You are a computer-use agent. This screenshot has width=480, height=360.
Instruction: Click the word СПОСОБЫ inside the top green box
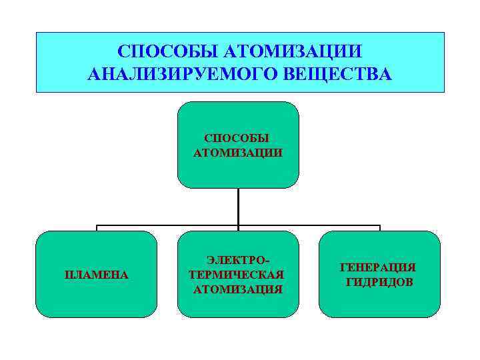(x=237, y=139)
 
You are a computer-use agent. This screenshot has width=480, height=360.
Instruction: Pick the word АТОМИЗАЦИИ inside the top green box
(x=237, y=153)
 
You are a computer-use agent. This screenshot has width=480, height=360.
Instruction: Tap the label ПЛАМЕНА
(x=96, y=274)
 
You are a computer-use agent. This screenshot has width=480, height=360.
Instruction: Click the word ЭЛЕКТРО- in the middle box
(x=237, y=259)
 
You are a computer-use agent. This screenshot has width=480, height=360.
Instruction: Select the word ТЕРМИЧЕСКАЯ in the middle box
(x=237, y=274)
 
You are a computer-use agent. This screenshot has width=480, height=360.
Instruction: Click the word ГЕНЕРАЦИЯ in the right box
(x=379, y=267)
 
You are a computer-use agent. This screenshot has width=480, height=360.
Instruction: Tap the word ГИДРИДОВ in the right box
(x=379, y=282)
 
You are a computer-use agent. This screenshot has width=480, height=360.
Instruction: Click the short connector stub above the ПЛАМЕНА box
(x=97, y=228)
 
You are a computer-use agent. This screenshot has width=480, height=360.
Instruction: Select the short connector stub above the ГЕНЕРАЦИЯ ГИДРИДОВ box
(x=379, y=228)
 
